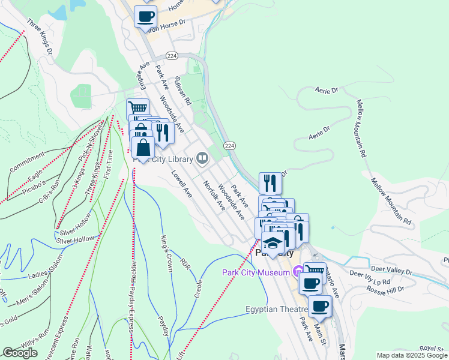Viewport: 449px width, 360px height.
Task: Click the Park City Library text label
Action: pos(164,159)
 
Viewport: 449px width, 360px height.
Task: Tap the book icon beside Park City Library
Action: pos(202,158)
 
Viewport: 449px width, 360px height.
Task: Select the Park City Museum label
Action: pos(256,272)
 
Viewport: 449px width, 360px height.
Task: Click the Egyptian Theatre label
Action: pos(277,310)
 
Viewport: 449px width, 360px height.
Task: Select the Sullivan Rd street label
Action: pos(182,90)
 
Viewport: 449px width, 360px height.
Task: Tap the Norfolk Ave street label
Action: pos(214,196)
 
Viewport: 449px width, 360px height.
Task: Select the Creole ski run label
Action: pos(199,287)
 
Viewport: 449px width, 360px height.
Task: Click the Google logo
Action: pos(20,353)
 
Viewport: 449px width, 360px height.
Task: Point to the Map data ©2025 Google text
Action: pos(411,355)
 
